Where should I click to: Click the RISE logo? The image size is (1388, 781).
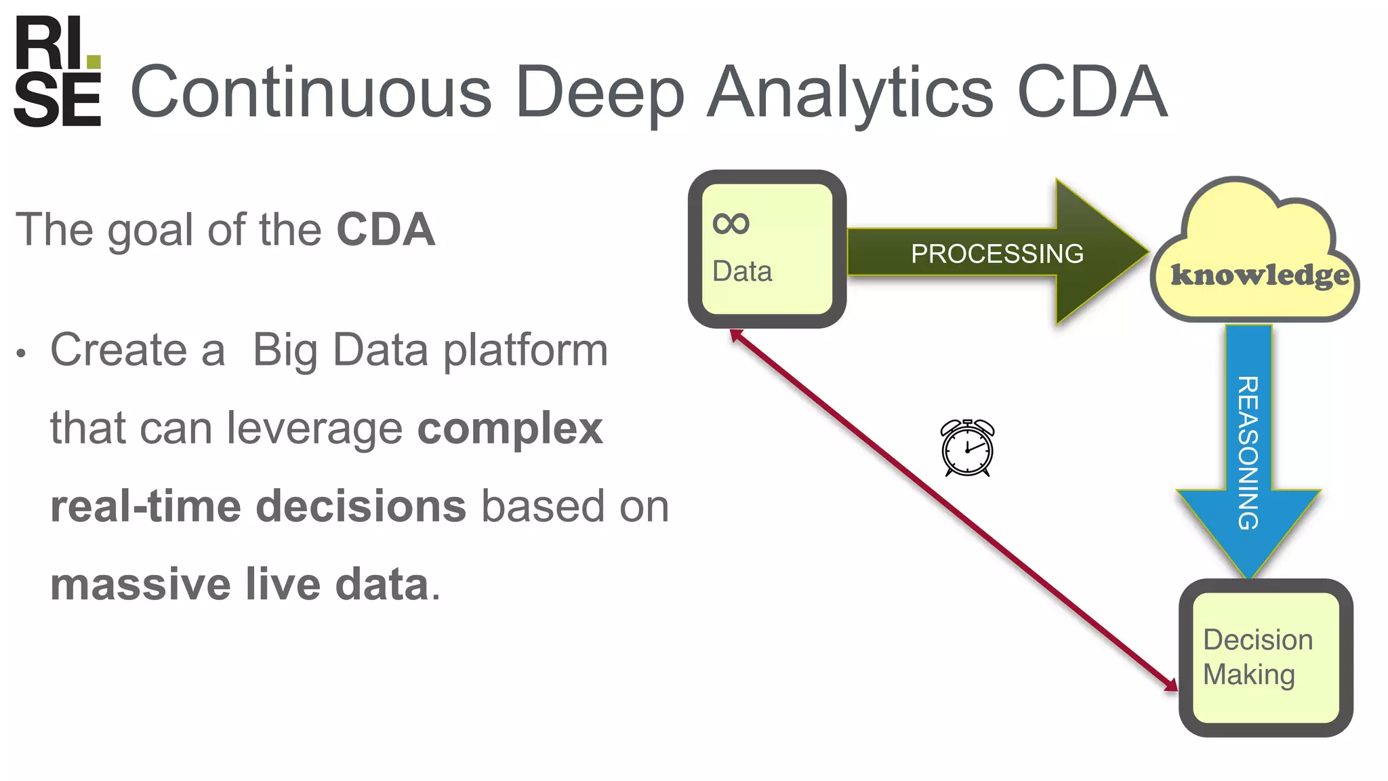click(58, 71)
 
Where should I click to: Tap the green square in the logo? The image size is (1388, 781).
click(94, 62)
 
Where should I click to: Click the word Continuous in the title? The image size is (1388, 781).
click(310, 92)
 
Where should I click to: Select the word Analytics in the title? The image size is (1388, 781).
click(850, 92)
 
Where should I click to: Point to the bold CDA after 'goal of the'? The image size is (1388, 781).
click(386, 229)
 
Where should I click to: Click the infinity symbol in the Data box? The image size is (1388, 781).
click(731, 224)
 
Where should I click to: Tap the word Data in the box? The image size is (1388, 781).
click(742, 272)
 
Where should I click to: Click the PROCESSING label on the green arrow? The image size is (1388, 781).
click(996, 254)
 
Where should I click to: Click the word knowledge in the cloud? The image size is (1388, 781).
click(1260, 275)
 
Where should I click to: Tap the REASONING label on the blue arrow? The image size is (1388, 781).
click(1248, 452)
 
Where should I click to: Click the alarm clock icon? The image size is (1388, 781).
click(967, 448)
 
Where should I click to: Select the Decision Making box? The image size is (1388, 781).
click(1265, 658)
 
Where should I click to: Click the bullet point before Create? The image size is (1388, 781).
click(22, 353)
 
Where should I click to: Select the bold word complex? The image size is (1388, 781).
click(510, 428)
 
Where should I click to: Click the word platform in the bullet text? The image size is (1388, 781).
click(525, 351)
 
